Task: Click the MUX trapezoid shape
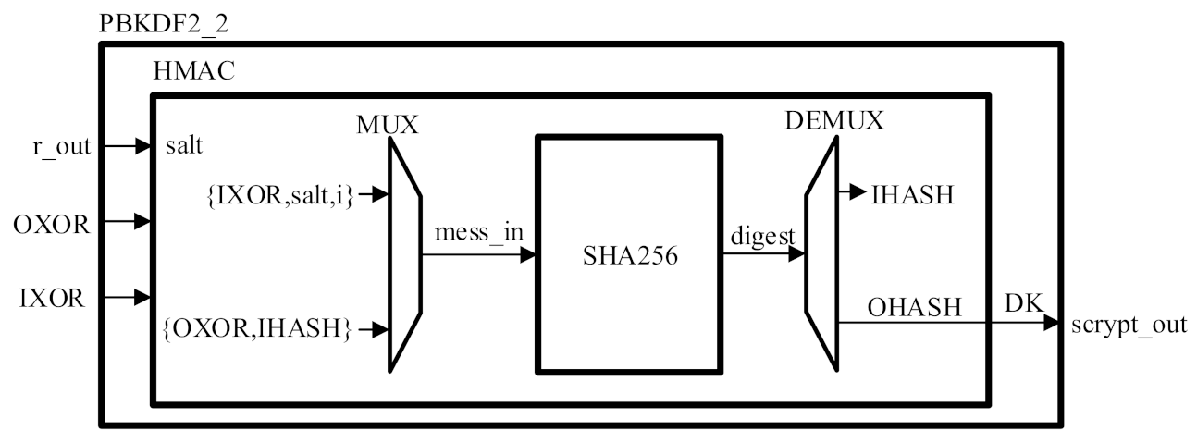(404, 253)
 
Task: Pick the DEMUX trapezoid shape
(821, 253)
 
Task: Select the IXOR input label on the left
(54, 298)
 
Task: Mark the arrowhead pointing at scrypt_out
(1051, 323)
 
